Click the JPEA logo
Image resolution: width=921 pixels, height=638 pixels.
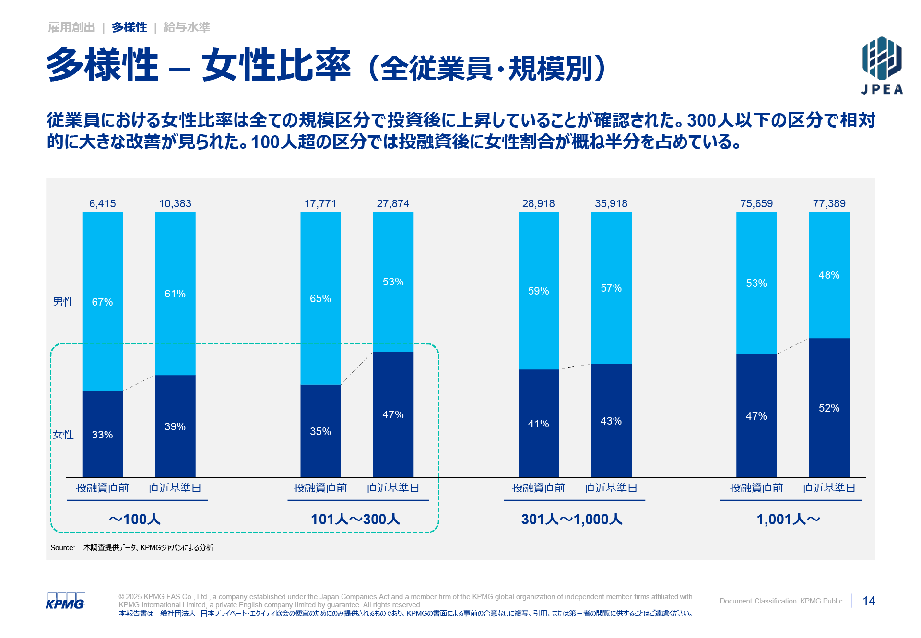point(882,65)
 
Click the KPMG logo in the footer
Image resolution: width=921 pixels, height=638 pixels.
point(65,601)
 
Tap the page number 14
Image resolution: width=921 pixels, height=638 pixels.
point(869,601)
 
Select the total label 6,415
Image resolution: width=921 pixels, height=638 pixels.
point(102,203)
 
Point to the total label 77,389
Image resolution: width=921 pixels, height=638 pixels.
point(829,203)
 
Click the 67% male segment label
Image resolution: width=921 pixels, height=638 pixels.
point(102,302)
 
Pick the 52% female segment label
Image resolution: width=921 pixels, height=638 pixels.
point(829,408)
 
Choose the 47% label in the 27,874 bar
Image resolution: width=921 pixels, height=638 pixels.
point(393,414)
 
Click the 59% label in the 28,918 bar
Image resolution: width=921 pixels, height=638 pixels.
point(538,291)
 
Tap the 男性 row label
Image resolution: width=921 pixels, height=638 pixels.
point(63,302)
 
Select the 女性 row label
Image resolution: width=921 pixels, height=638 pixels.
point(63,435)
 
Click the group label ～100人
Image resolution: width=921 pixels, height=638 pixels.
point(135,519)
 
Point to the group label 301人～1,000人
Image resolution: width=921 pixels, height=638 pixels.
point(572,519)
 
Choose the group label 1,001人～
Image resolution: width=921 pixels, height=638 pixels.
point(789,519)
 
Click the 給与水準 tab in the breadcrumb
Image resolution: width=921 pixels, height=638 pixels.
point(187,27)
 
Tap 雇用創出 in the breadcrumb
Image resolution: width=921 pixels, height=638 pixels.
point(72,27)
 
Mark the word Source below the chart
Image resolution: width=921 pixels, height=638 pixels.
point(62,548)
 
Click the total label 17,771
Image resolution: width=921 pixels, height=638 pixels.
point(320,203)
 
